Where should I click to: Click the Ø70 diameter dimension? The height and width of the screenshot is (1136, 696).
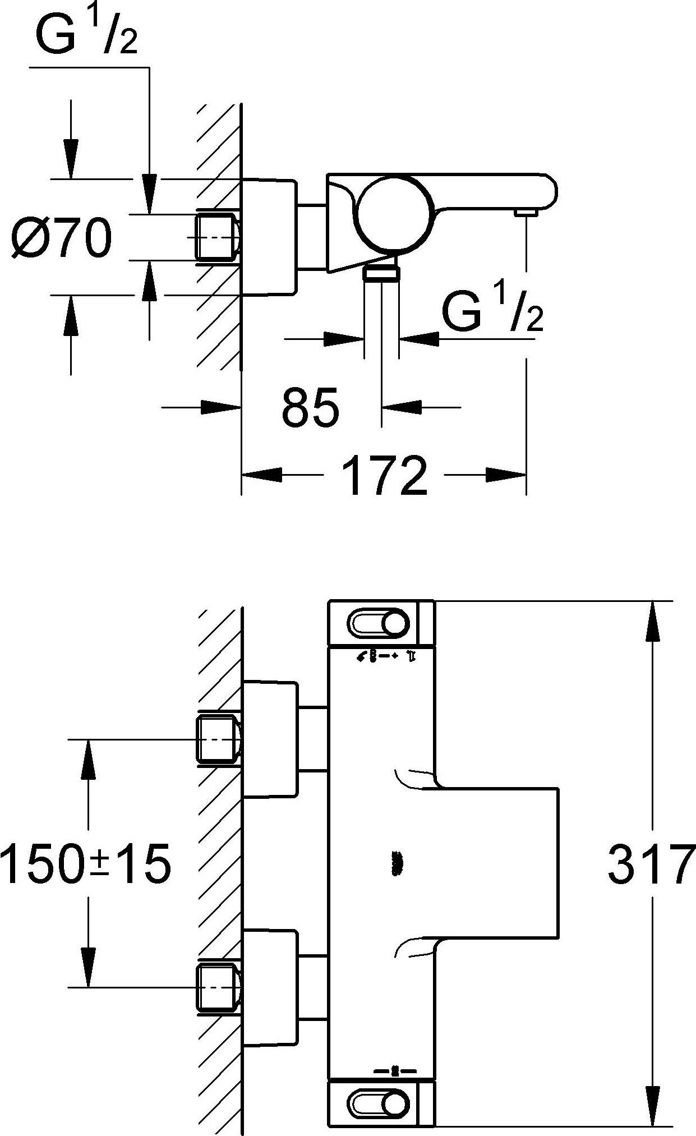click(x=62, y=238)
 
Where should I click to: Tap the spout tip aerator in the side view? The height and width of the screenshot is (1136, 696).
click(x=526, y=212)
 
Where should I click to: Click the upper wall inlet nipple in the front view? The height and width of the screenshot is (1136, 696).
click(x=218, y=739)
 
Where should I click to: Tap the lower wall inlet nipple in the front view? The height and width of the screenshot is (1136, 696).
click(x=218, y=986)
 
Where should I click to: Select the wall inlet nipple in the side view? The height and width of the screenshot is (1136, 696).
click(x=218, y=237)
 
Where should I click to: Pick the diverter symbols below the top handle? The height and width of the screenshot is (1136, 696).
click(x=385, y=656)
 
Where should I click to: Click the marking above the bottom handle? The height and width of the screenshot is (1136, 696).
click(x=395, y=1071)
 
